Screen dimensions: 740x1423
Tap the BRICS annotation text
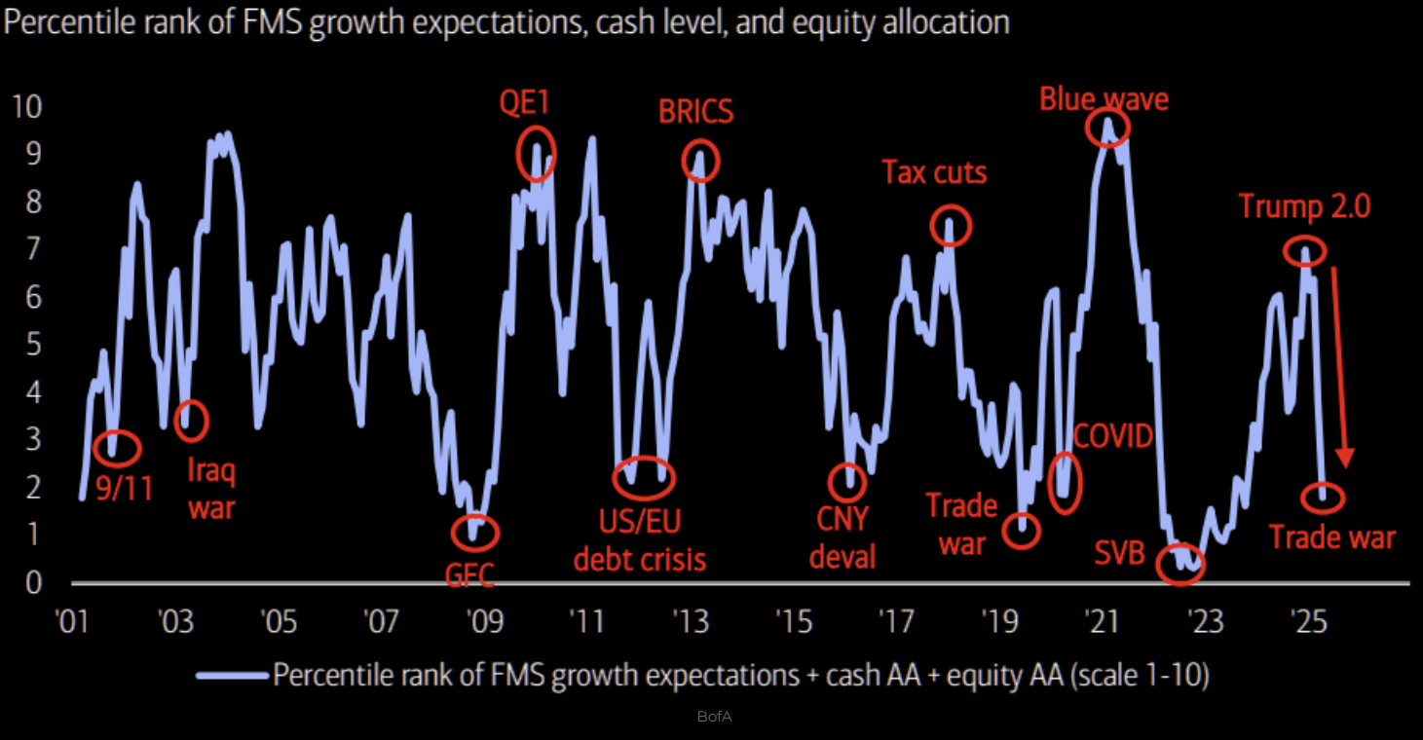point(695,112)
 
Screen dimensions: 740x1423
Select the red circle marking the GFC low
point(475,532)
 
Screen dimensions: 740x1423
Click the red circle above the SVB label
point(1180,565)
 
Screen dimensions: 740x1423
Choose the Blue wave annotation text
point(1104,99)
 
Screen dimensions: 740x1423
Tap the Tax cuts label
point(934,173)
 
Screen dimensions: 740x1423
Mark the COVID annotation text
point(1112,435)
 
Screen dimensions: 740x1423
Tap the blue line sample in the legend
point(232,675)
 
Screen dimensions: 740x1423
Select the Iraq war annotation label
point(210,489)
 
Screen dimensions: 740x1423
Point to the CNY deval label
point(843,537)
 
